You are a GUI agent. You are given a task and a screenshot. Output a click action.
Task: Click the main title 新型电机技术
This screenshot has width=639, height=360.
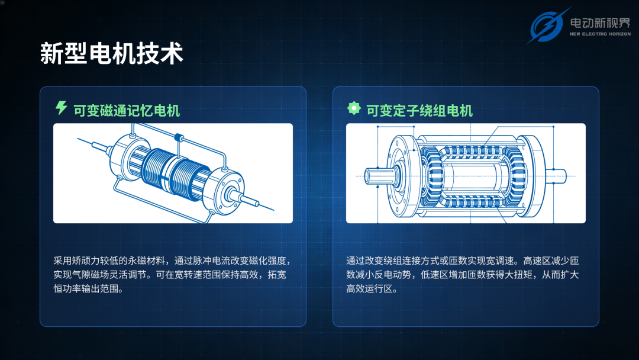[x=112, y=53]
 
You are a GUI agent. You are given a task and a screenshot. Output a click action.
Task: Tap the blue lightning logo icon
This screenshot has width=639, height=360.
[x=547, y=25]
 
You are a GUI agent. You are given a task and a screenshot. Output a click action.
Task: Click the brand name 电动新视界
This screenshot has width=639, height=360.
[x=600, y=23]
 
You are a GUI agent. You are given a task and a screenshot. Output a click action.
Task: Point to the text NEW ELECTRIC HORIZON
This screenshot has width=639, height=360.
[x=600, y=34]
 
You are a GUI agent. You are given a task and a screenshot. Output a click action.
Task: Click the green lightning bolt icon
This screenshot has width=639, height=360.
[x=61, y=108]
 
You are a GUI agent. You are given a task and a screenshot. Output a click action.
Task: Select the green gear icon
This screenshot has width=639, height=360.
[x=354, y=108]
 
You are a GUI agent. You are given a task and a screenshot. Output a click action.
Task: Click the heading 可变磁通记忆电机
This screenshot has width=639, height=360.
[x=127, y=111]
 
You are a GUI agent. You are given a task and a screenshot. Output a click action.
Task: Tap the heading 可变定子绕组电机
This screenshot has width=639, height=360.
[x=419, y=111]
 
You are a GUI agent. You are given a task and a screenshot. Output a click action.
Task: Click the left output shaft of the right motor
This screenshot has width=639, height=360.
[x=379, y=176]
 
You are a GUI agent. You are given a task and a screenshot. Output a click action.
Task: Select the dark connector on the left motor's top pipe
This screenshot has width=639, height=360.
[x=179, y=137]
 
